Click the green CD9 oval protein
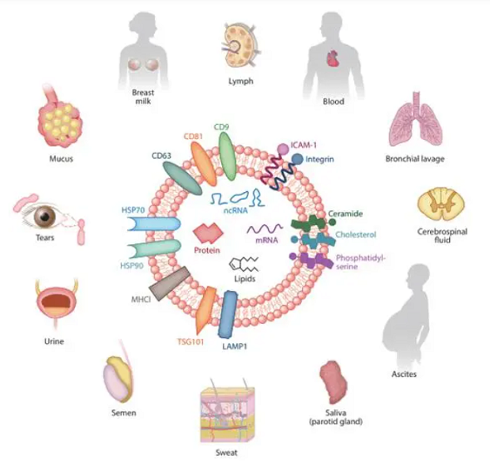pos(227,156)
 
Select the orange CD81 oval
pos(203,164)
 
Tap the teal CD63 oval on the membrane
pos(183,178)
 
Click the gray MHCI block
pos(169,284)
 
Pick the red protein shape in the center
pos(208,233)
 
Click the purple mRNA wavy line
pos(265,228)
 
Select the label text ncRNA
pos(236,210)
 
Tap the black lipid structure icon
pos(243,265)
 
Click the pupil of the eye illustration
pos(45,216)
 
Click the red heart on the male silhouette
pos(333,58)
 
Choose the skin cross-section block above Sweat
pos(227,413)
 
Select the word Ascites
pos(404,374)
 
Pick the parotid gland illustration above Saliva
pos(334,382)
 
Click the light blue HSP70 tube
pos(154,224)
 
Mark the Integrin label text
pos(319,159)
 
